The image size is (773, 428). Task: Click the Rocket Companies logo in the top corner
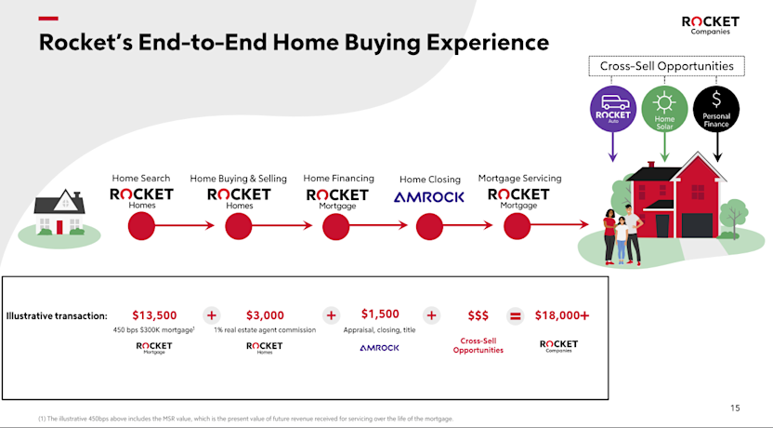710,24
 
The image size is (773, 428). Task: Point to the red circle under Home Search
141,225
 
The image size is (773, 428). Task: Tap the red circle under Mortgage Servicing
518,225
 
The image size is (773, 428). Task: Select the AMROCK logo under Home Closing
429,197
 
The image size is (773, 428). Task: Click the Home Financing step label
339,178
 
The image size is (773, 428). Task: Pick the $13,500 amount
154,315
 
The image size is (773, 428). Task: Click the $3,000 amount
265,315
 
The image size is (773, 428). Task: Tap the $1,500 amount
380,314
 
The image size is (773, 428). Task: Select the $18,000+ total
561,315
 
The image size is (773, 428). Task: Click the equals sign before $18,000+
516,315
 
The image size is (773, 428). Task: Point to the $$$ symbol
478,315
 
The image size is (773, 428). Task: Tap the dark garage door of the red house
697,226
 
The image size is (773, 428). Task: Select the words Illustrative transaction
57,315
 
